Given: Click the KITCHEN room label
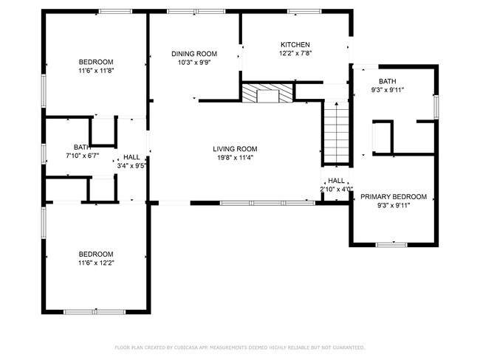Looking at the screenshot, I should pyautogui.click(x=295, y=44).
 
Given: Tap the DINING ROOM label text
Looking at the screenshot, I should pyautogui.click(x=194, y=53).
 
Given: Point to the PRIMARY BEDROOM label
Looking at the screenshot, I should pyautogui.click(x=394, y=196).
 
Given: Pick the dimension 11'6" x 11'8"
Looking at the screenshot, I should pyautogui.click(x=96, y=70).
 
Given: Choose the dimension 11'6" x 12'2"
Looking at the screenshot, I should pyautogui.click(x=96, y=263).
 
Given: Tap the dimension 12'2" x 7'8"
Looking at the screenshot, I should pyautogui.click(x=295, y=54).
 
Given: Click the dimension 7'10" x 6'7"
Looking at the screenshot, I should pyautogui.click(x=81, y=156).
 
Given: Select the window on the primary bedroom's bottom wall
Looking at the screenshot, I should pyautogui.click(x=391, y=244).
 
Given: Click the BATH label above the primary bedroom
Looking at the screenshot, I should pyautogui.click(x=388, y=81).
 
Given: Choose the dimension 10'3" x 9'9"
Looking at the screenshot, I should pyautogui.click(x=194, y=63).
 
